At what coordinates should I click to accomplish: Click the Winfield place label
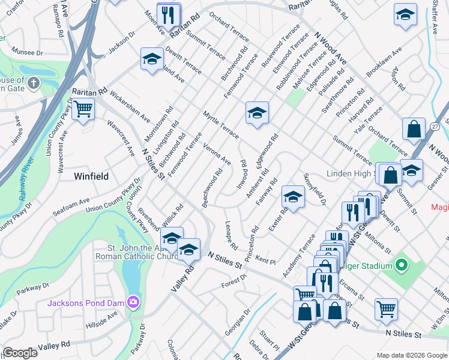[x=91, y=176]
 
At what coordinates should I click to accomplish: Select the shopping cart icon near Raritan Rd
[x=83, y=110]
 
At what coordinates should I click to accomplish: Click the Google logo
[x=20, y=353]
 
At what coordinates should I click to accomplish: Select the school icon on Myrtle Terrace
[x=256, y=113]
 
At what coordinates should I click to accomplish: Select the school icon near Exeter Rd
[x=293, y=197]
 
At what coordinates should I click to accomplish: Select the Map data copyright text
[x=411, y=355]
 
